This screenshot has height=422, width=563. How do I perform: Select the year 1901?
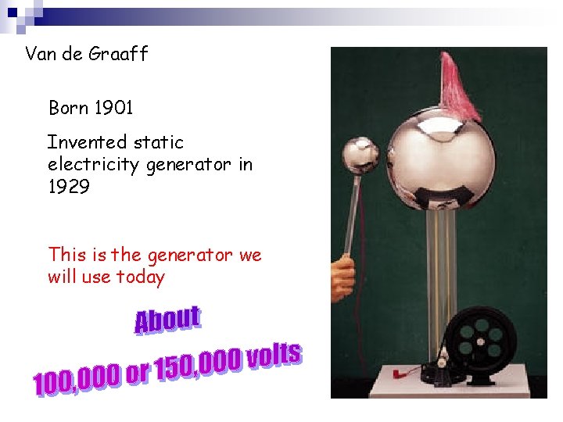point(113,108)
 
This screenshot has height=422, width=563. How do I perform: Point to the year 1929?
point(69,186)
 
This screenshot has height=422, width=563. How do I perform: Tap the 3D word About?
point(167,320)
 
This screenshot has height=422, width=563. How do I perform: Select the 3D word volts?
point(274,355)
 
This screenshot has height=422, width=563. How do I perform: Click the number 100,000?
point(77,381)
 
